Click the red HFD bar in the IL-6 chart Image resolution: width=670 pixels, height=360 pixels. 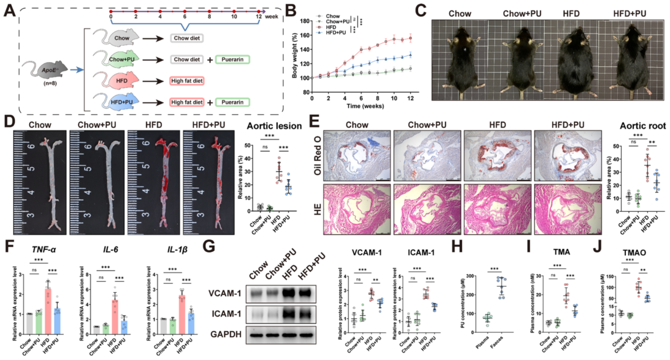click(x=114, y=312)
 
